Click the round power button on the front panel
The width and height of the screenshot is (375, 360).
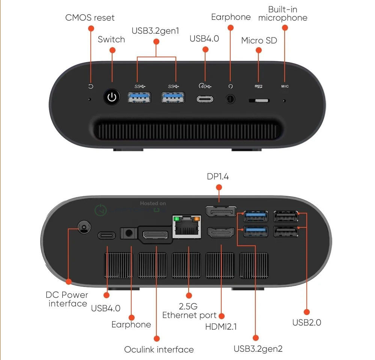[111, 98]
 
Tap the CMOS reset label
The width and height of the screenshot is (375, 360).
[90, 18]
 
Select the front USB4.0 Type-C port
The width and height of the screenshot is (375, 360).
[205, 99]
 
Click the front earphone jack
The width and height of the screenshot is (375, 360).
[231, 99]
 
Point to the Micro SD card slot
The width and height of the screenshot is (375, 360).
[259, 101]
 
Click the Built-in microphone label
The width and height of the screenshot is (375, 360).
[283, 13]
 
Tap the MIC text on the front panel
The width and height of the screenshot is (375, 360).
[285, 87]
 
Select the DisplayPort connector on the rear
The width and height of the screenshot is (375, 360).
[221, 212]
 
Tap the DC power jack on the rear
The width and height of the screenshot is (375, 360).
[84, 226]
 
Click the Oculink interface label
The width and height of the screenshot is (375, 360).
[159, 350]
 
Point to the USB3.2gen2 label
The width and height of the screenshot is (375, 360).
[258, 349]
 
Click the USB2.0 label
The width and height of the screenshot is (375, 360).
[307, 322]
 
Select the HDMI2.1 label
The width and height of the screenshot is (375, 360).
[221, 326]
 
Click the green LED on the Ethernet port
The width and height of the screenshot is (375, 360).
[175, 218]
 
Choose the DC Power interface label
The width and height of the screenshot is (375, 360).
[67, 299]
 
